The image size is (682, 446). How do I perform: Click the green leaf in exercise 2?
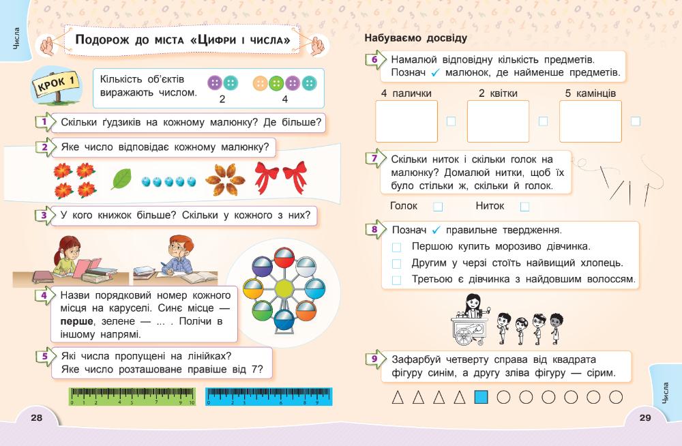pyautogui.click(x=123, y=179)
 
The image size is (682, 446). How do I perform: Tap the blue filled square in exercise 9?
pyautogui.click(x=481, y=397)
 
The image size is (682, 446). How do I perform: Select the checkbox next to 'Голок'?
pyautogui.click(x=438, y=207)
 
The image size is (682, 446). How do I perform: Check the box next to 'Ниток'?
pyautogui.click(x=524, y=207)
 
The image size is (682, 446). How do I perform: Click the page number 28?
pyautogui.click(x=37, y=418)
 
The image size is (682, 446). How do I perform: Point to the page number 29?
pyautogui.click(x=645, y=418)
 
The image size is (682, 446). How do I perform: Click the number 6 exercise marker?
pyautogui.click(x=374, y=60)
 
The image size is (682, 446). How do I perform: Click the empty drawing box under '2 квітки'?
pyautogui.click(x=498, y=121)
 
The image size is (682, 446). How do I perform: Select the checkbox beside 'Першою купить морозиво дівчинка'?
pyautogui.click(x=397, y=246)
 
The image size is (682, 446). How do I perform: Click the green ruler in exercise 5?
pyautogui.click(x=132, y=396)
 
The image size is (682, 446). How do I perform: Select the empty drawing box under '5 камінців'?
pyautogui.click(x=590, y=121)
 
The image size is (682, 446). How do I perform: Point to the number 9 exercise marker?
pyautogui.click(x=374, y=359)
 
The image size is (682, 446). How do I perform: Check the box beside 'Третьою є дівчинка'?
pyautogui.click(x=397, y=280)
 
